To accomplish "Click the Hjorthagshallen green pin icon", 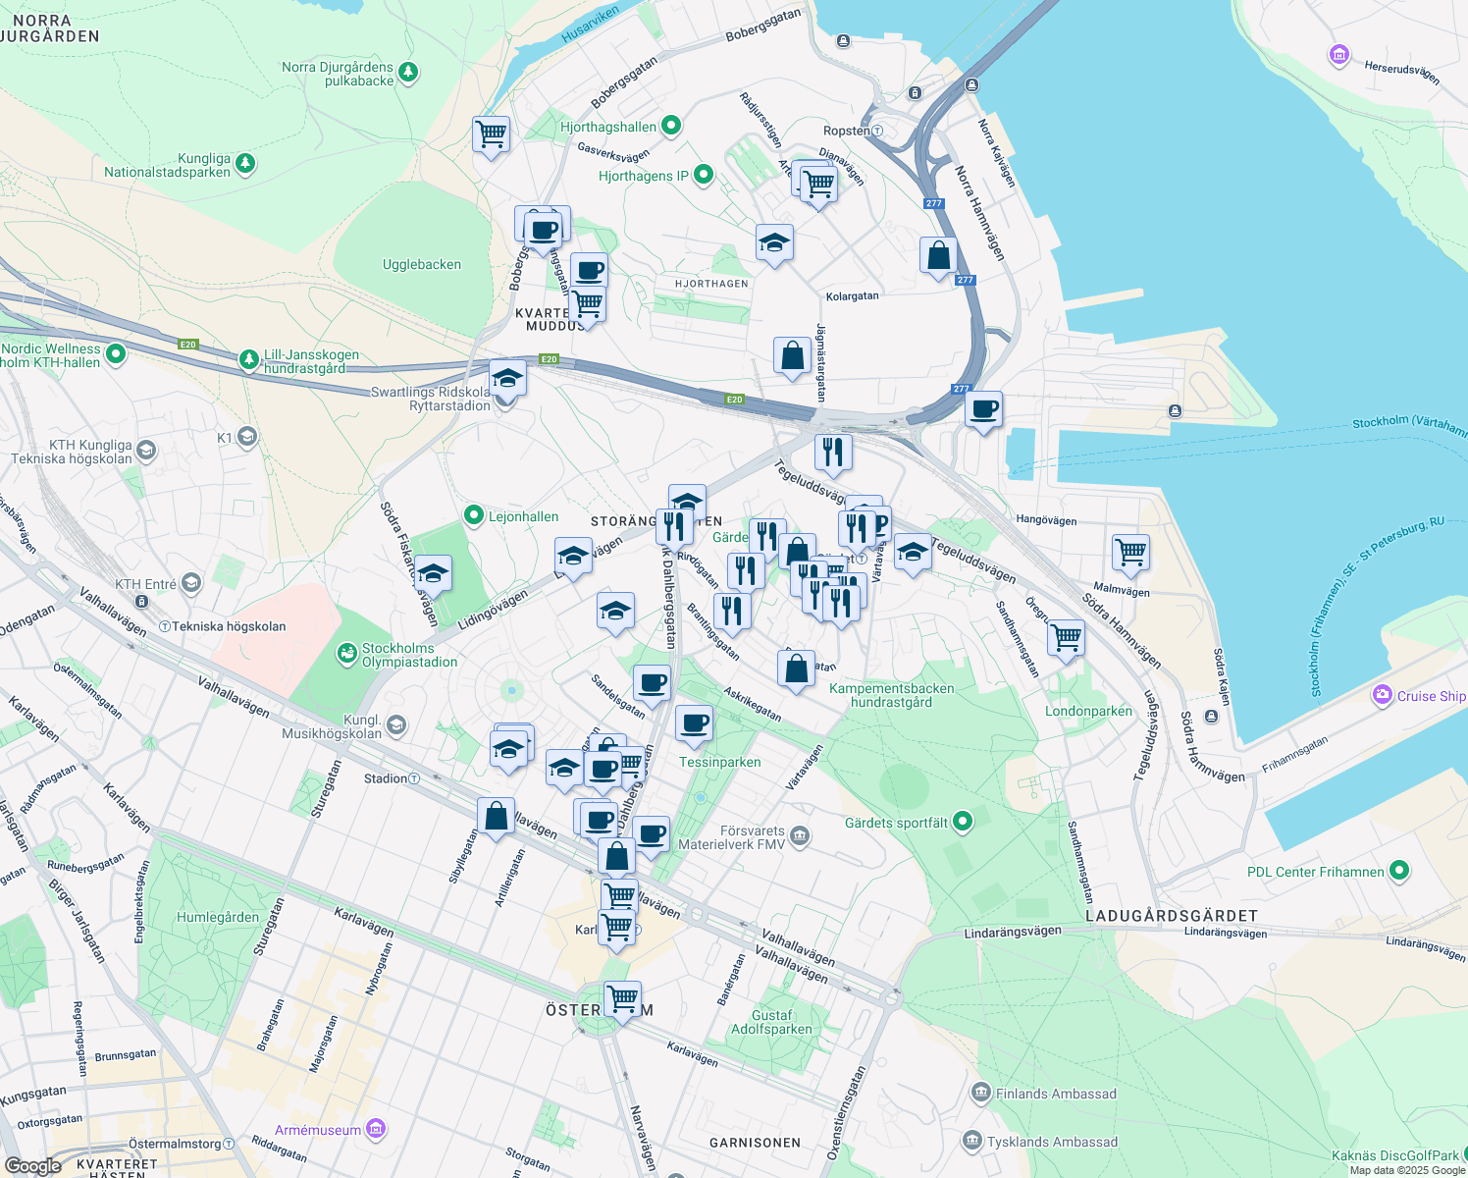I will click(671, 126).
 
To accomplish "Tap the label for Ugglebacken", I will click(421, 265).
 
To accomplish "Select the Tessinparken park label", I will click(719, 763).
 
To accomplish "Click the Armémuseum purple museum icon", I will click(375, 1129).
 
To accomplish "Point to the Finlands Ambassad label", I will click(1056, 1094).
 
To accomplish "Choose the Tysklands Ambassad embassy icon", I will click(972, 1141).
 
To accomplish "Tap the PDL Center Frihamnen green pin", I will click(1399, 871).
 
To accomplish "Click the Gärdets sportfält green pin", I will click(963, 822).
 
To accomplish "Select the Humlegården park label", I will click(218, 918).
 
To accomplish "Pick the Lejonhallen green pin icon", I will click(474, 515).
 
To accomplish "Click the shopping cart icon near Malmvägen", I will click(1130, 552).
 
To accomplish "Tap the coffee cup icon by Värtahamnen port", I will click(983, 408).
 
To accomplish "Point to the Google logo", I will click(32, 1165).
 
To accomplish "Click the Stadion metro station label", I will click(386, 778).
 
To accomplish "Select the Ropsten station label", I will click(847, 131).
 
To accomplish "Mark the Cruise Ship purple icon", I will click(1383, 695).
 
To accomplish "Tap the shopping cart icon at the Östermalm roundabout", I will click(622, 999).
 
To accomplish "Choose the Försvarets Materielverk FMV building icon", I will click(800, 836).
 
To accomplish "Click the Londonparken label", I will click(1088, 712).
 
